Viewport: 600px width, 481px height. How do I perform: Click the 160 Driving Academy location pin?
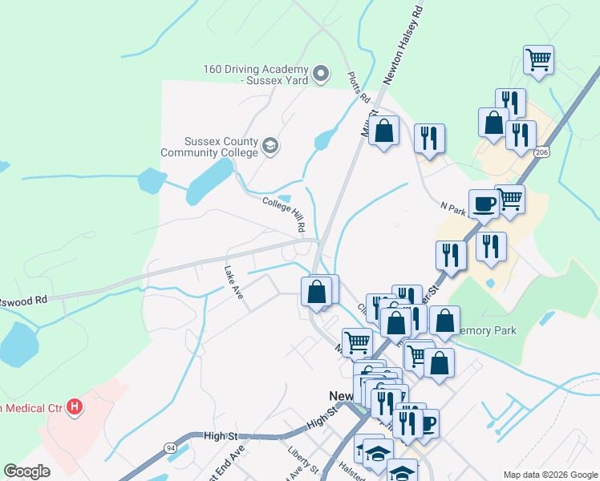321,75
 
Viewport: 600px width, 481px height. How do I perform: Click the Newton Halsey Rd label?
403,44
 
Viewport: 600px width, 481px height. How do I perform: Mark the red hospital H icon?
75,407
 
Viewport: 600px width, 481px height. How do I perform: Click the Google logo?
26,471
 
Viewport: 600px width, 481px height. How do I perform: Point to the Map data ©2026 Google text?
549,475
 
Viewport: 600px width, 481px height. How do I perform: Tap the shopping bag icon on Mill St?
384,130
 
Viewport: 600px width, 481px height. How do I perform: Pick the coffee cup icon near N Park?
484,204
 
